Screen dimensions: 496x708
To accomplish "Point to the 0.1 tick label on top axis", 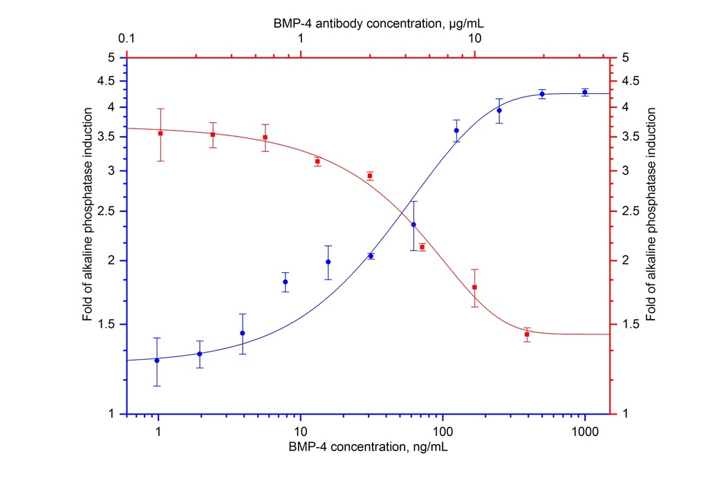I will (x=127, y=40).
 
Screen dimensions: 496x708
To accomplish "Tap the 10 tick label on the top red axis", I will (x=475, y=40).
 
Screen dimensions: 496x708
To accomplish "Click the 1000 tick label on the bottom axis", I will (x=585, y=430).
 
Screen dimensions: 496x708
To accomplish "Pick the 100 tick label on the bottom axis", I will (x=443, y=430).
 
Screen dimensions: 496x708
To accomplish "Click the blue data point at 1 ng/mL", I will (x=157, y=360).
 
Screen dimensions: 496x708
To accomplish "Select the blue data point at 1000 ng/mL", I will (x=585, y=92).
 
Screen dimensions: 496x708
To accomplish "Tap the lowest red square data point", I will (x=527, y=334).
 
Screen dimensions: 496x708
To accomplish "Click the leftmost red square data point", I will (x=160, y=133).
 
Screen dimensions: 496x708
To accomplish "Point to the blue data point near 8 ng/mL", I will (x=285, y=282).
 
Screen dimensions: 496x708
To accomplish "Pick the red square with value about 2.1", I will (x=422, y=247).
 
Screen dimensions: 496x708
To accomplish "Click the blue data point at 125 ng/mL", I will (x=456, y=131).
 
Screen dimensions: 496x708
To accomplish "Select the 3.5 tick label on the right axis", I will (x=631, y=137).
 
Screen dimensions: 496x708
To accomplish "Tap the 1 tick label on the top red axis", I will (x=301, y=40).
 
